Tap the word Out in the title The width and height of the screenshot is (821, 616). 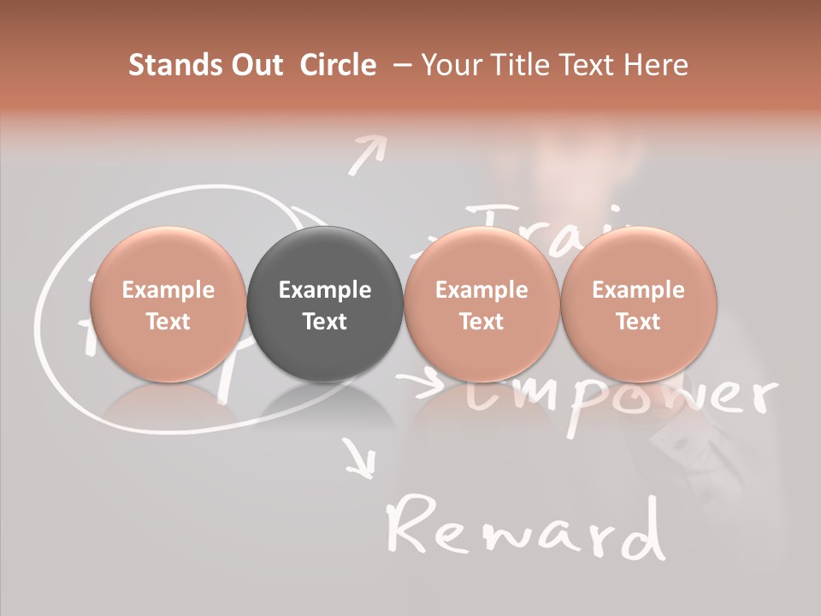(255, 64)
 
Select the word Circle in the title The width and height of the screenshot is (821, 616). (338, 64)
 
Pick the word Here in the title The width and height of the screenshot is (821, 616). (656, 64)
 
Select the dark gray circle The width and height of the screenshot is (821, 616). (325, 305)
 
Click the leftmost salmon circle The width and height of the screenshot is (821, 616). (168, 305)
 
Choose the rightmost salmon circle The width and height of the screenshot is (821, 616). (638, 305)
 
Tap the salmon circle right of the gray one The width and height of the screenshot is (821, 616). (481, 305)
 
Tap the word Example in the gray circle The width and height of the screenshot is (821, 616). (325, 290)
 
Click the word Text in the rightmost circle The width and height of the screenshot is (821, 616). (638, 322)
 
